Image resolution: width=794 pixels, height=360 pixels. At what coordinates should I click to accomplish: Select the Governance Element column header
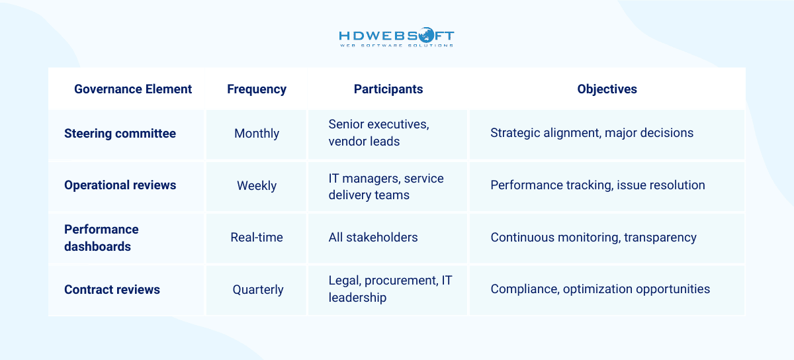[133, 89]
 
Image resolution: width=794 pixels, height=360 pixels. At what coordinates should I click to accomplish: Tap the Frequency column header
[257, 89]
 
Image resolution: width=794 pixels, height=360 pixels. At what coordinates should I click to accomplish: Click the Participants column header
[388, 89]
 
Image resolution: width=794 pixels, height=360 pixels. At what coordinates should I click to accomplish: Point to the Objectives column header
[607, 89]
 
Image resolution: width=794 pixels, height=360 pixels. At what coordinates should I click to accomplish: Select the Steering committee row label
[120, 133]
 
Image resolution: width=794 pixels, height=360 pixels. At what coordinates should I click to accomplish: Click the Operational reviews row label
[120, 185]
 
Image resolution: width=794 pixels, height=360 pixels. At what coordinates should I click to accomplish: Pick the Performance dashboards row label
[101, 238]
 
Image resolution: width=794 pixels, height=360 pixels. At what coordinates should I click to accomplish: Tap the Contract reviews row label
[112, 289]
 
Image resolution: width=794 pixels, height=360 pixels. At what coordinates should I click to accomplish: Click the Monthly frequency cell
[257, 134]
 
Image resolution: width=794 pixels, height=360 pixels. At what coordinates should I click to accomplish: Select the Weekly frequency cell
[257, 186]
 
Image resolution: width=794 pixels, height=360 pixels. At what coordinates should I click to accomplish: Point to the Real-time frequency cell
[257, 238]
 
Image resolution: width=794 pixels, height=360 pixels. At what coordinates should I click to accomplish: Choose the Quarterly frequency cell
[257, 290]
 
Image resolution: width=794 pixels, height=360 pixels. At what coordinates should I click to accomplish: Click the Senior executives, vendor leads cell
[378, 133]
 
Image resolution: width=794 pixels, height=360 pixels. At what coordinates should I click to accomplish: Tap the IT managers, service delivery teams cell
[386, 186]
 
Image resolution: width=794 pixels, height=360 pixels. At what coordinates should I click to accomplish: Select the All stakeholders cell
[373, 238]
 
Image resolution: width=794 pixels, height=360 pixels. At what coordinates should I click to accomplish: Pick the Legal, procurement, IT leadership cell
[390, 289]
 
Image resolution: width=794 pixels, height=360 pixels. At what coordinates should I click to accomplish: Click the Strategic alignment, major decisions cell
[592, 133]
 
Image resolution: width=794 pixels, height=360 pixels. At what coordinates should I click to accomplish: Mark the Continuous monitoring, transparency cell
[593, 238]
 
